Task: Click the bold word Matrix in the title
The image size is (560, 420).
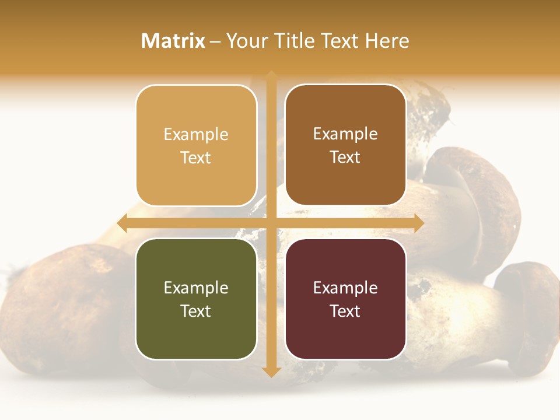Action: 173,41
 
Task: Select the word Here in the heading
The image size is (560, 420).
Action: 387,41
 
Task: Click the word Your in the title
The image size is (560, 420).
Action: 246,41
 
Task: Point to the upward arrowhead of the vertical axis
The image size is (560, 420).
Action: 271,76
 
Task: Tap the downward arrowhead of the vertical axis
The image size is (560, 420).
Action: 271,372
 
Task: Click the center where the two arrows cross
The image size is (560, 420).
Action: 271,223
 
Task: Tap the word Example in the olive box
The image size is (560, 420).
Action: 196,288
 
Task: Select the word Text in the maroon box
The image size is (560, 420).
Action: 345,311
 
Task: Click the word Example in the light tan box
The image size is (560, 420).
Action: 196,134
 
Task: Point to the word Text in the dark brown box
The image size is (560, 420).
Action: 345,157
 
